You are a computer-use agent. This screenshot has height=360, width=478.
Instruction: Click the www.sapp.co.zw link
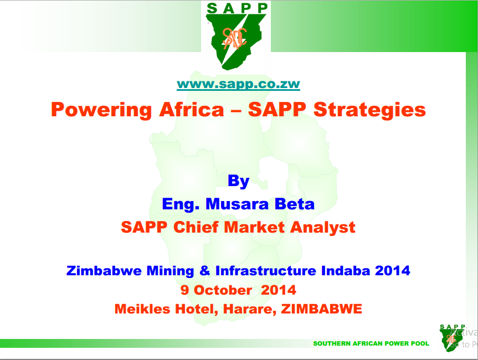point(238,84)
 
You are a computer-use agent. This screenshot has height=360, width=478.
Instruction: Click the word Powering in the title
point(101,110)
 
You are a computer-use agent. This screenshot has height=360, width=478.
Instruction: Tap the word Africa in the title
point(192,109)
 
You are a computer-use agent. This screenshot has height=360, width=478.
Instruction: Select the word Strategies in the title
point(369,110)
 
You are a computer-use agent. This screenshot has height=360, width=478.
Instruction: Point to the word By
point(239,181)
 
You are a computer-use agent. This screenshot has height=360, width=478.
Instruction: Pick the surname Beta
point(295,204)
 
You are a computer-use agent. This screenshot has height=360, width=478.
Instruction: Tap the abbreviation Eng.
point(181,204)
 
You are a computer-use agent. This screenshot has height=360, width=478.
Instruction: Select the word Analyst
point(323,228)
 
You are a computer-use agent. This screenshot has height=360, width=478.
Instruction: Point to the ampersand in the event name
point(205,271)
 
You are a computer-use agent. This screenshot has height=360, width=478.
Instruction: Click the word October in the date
point(223,290)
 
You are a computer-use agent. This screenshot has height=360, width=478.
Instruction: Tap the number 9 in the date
point(184,290)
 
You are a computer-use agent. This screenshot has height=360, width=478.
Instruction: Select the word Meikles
point(142,309)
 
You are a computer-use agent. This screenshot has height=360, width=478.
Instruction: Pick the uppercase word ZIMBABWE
point(322,309)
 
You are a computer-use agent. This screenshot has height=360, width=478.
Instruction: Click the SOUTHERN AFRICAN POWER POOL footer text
point(371,343)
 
